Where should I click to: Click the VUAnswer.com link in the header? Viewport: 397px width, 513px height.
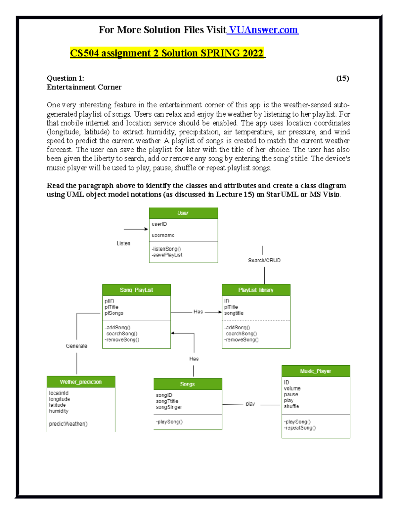(x=263, y=30)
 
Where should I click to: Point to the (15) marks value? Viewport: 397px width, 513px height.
(x=342, y=78)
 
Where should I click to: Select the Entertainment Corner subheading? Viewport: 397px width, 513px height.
(x=84, y=87)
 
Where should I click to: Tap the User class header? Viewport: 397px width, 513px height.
(x=183, y=213)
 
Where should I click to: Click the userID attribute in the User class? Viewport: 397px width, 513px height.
(x=159, y=224)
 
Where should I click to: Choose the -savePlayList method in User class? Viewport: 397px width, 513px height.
(x=167, y=255)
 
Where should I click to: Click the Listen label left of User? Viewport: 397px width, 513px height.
(x=123, y=243)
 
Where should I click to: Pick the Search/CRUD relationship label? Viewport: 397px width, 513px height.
(x=264, y=260)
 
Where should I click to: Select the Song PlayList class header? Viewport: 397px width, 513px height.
(x=136, y=290)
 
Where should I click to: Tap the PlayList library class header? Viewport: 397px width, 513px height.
(x=256, y=290)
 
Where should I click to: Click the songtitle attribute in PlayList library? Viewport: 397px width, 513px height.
(x=234, y=313)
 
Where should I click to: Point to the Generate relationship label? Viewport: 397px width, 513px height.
(x=77, y=346)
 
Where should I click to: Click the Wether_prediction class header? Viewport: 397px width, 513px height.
(x=81, y=382)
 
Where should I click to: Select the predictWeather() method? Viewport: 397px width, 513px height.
(x=68, y=424)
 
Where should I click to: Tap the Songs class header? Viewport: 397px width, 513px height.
(x=188, y=384)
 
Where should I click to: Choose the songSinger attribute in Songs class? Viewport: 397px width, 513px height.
(x=169, y=407)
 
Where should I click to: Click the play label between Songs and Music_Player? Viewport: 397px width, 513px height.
(x=250, y=404)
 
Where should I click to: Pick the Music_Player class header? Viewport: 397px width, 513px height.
(x=316, y=371)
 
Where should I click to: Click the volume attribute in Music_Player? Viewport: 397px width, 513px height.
(x=292, y=388)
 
